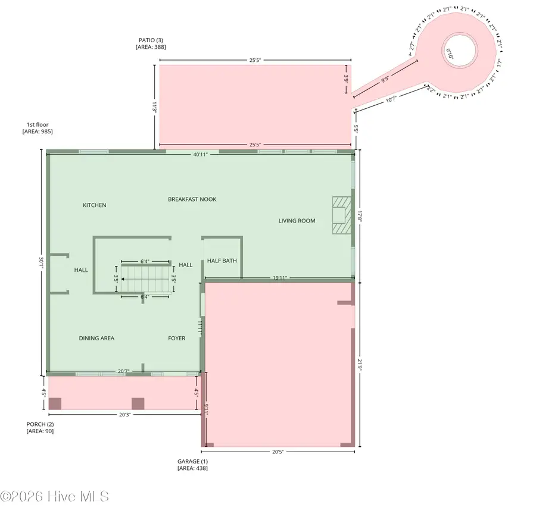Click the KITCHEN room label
click(94, 205)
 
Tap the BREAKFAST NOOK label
click(192, 199)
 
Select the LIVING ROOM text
click(297, 221)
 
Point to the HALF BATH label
click(222, 261)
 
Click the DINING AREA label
click(96, 338)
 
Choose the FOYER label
click(176, 338)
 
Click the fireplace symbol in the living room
click(339, 215)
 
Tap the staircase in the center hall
click(146, 278)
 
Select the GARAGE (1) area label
click(192, 465)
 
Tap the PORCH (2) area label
click(40, 428)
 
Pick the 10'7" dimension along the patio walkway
click(391, 100)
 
